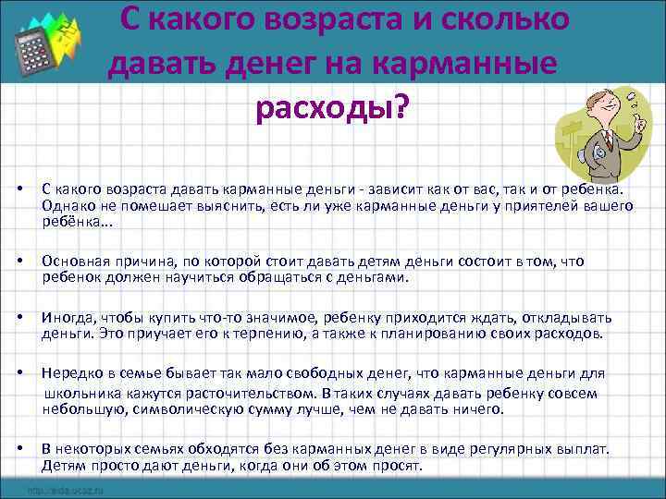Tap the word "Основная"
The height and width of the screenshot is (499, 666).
point(71,262)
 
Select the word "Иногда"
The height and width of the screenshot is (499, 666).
point(64,319)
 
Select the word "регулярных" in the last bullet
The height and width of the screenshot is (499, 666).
point(489,449)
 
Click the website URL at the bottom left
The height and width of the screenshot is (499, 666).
point(66,490)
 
